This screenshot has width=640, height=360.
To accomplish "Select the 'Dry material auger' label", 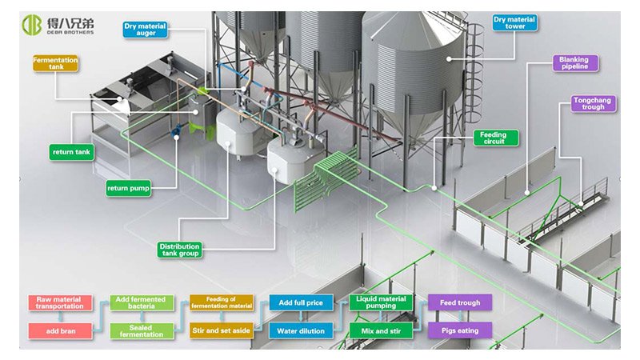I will pyautogui.click(x=145, y=30).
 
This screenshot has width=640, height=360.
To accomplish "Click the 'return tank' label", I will pyautogui.click(x=72, y=151).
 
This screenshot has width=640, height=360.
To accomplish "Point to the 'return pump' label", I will pyautogui.click(x=127, y=189).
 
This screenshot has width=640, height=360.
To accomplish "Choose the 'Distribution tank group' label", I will pyautogui.click(x=179, y=250).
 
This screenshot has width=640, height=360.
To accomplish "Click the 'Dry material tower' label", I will pyautogui.click(x=514, y=22).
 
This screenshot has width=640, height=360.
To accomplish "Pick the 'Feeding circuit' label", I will pyautogui.click(x=494, y=138).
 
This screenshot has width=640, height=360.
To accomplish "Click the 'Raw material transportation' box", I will pyautogui.click(x=60, y=302).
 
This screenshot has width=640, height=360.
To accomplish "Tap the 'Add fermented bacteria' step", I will pyautogui.click(x=141, y=302).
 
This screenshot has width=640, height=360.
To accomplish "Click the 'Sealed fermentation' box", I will pyautogui.click(x=141, y=330).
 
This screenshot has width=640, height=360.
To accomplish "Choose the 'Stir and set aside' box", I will pyautogui.click(x=222, y=330).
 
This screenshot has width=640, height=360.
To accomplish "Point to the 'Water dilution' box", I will pyautogui.click(x=301, y=330).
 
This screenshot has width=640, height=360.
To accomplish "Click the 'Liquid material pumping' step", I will pyautogui.click(x=380, y=302).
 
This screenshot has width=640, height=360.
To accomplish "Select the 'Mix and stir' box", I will pyautogui.click(x=380, y=330).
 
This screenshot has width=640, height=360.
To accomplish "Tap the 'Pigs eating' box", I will pyautogui.click(x=460, y=330).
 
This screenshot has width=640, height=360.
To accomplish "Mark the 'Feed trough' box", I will pyautogui.click(x=460, y=302).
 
